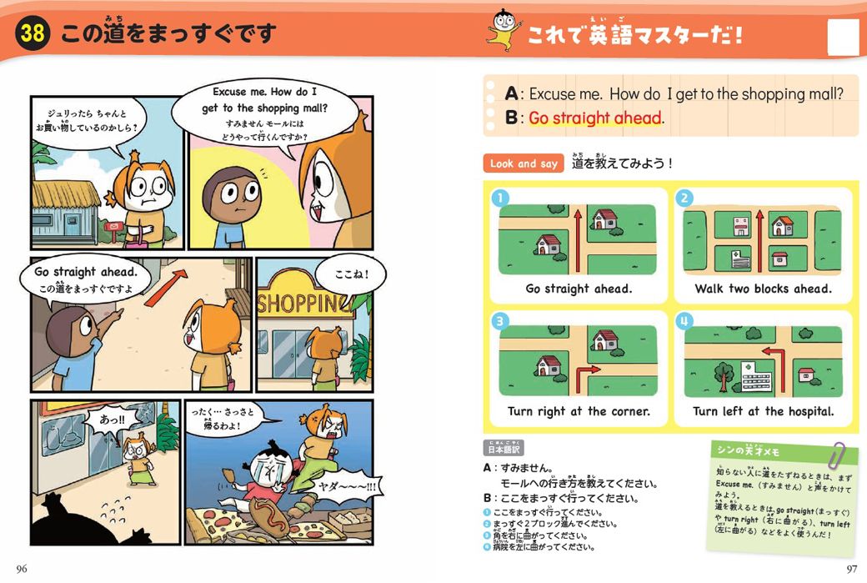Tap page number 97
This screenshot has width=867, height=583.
pyautogui.click(x=849, y=569)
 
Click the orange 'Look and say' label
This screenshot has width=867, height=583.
pyautogui.click(x=524, y=163)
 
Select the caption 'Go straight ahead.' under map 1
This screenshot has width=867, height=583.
pyautogui.click(x=579, y=289)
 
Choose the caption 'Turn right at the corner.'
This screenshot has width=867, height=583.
pyautogui.click(x=579, y=411)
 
